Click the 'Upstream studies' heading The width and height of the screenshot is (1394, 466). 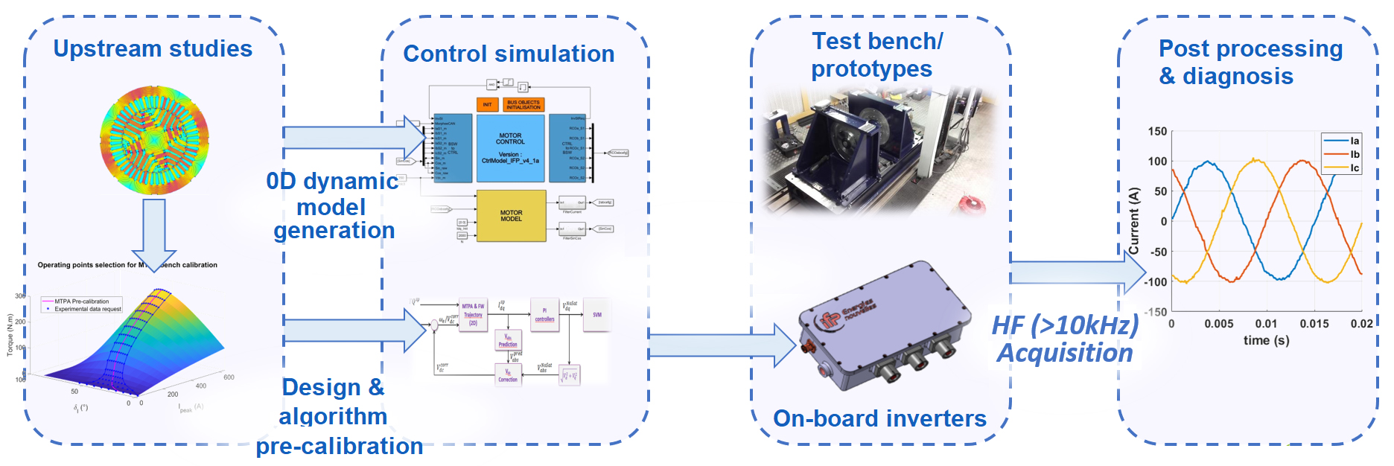(153, 49)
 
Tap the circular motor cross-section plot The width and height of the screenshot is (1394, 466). (154, 140)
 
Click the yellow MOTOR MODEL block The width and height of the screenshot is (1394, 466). (511, 216)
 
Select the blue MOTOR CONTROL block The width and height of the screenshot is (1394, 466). (510, 148)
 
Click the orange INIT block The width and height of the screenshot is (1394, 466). (487, 104)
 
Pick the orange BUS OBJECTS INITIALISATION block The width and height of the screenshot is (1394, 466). (523, 104)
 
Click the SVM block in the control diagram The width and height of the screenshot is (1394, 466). (596, 315)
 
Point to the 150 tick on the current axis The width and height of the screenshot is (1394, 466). (1157, 132)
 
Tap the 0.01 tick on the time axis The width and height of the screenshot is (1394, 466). (1266, 324)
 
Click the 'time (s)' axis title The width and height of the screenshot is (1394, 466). (1266, 341)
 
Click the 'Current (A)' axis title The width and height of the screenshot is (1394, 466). (1134, 221)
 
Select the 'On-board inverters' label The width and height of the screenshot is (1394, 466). (879, 418)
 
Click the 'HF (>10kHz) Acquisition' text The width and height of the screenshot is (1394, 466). (1065, 339)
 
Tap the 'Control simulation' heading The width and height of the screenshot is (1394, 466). (509, 54)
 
